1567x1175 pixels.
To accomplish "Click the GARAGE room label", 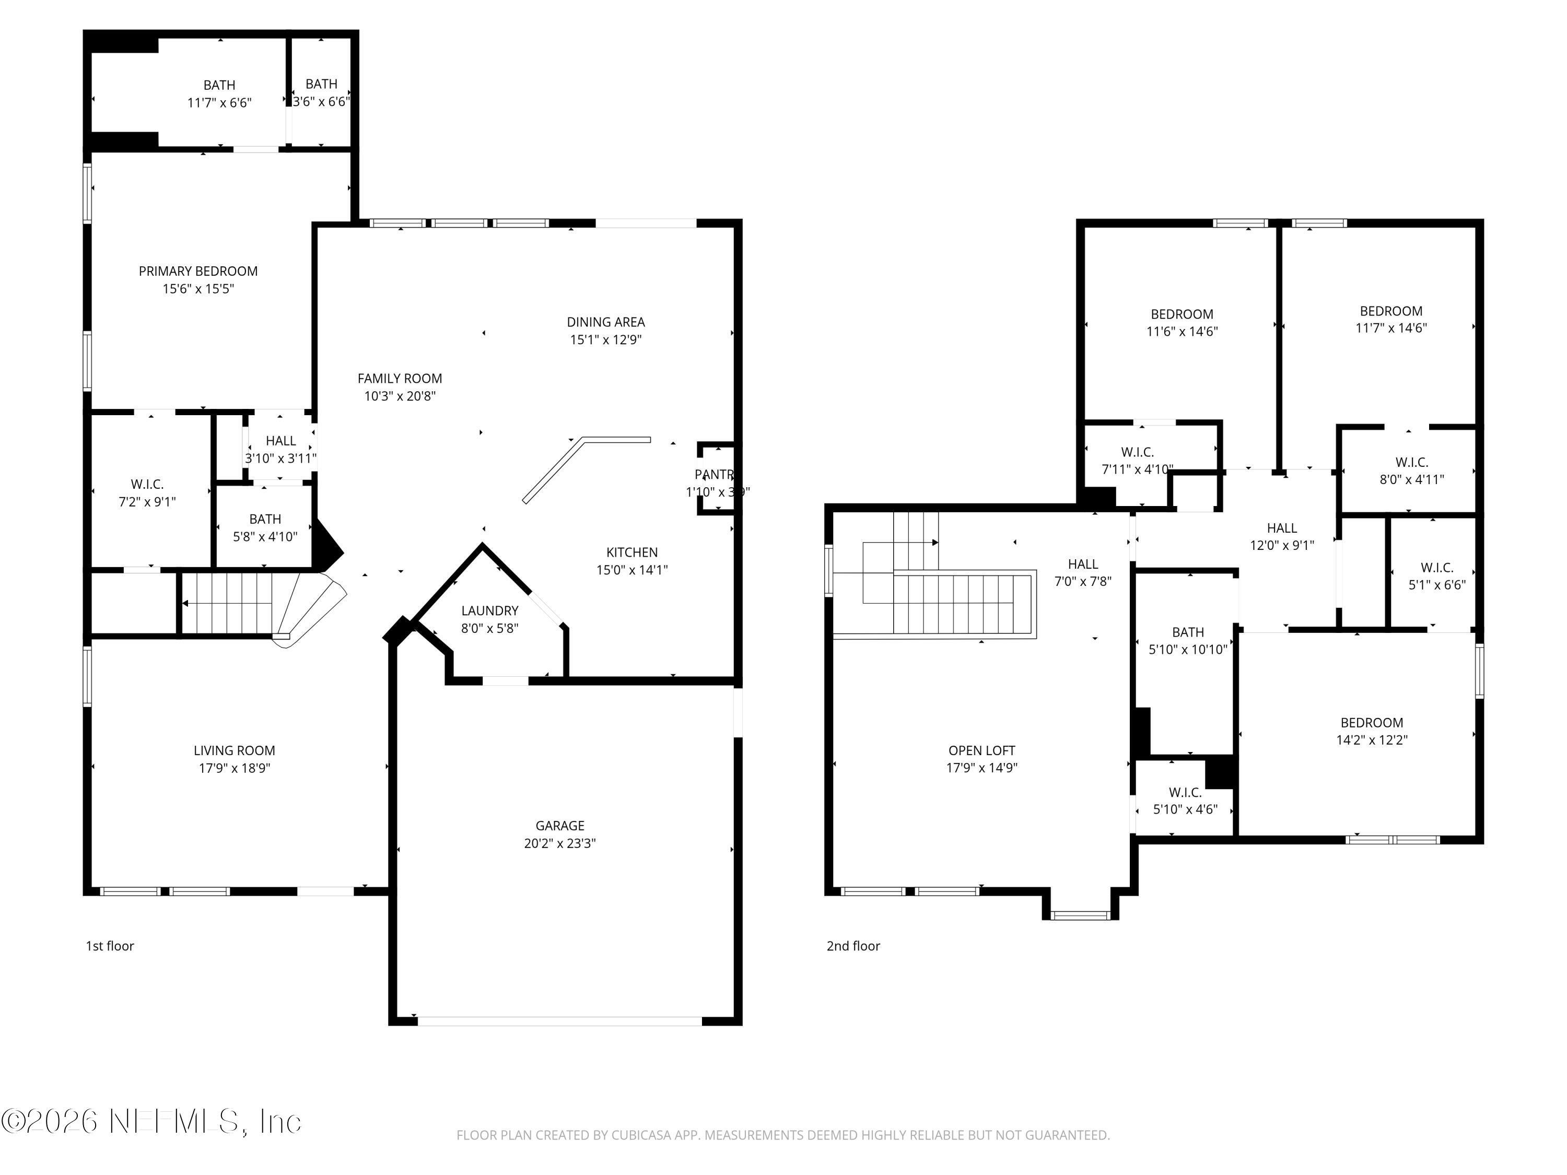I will [559, 826].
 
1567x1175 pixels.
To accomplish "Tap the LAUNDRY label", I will [489, 610].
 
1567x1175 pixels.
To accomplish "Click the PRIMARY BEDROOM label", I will [197, 271].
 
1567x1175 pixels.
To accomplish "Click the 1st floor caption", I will [110, 946].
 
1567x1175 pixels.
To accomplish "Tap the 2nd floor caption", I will [853, 946].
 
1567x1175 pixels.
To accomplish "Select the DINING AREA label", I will [606, 322].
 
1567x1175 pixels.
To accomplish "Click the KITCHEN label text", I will [632, 553].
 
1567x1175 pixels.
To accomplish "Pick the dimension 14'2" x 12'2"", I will [1372, 740].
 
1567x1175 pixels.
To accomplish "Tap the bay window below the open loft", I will [1080, 915].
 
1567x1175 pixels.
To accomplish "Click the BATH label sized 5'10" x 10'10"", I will [1188, 632].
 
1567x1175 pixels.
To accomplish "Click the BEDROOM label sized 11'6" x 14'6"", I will [1182, 314].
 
